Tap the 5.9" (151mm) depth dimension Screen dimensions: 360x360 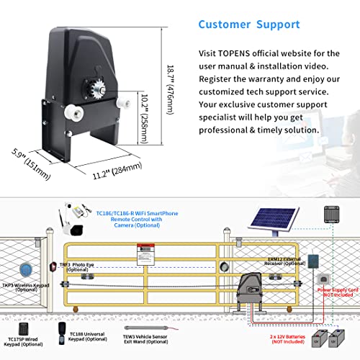(30, 161)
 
